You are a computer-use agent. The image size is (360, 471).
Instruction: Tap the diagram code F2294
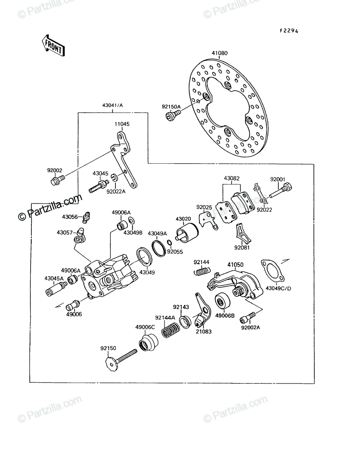(289, 31)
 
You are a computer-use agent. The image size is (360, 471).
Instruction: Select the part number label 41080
(219, 53)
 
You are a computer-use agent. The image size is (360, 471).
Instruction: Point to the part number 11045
(122, 124)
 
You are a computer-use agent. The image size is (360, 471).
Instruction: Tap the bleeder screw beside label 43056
(86, 218)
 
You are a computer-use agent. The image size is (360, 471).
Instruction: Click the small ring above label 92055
(169, 242)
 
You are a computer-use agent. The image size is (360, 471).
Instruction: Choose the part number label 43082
(232, 178)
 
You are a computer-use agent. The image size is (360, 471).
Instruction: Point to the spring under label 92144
(202, 271)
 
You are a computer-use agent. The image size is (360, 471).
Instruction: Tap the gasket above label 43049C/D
(272, 271)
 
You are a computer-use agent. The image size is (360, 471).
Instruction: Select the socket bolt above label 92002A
(248, 318)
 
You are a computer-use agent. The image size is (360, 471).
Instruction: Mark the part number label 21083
(203, 332)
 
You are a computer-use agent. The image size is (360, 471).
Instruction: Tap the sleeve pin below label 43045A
(56, 289)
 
